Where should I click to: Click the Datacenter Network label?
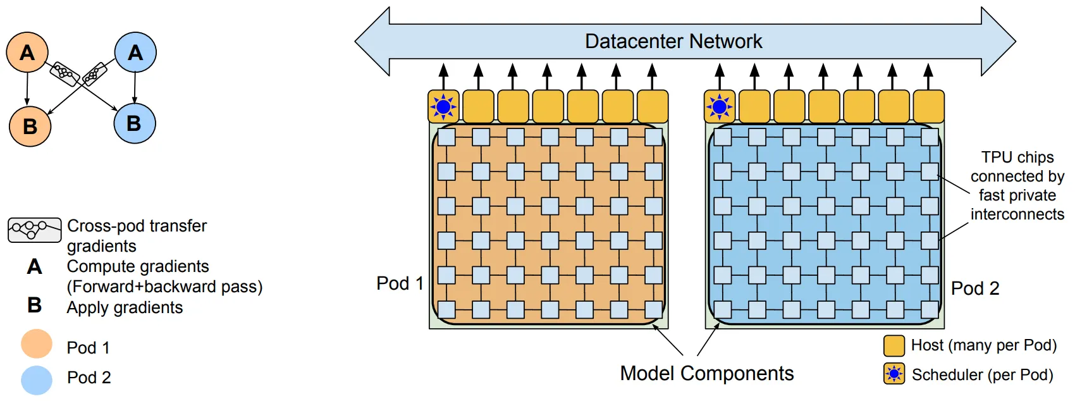click(x=673, y=42)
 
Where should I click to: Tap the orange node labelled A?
click(x=27, y=52)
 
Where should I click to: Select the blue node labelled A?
click(x=135, y=52)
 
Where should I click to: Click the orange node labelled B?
click(x=30, y=126)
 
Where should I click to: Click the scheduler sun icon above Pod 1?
click(x=444, y=107)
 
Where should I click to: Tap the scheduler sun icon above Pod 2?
click(x=720, y=107)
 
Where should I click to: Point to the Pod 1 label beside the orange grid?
click(x=400, y=283)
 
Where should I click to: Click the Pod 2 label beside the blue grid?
click(x=975, y=288)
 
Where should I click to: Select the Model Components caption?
click(x=706, y=373)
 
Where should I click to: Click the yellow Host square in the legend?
click(x=894, y=346)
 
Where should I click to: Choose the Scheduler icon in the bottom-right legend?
click(x=894, y=374)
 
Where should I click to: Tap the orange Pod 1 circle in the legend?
click(x=37, y=344)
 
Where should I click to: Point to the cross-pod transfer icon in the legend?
click(x=34, y=230)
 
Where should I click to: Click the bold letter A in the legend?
click(x=35, y=267)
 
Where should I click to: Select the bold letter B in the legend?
click(x=35, y=305)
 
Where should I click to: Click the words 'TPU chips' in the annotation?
click(x=1017, y=157)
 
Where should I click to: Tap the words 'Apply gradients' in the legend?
click(x=125, y=307)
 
